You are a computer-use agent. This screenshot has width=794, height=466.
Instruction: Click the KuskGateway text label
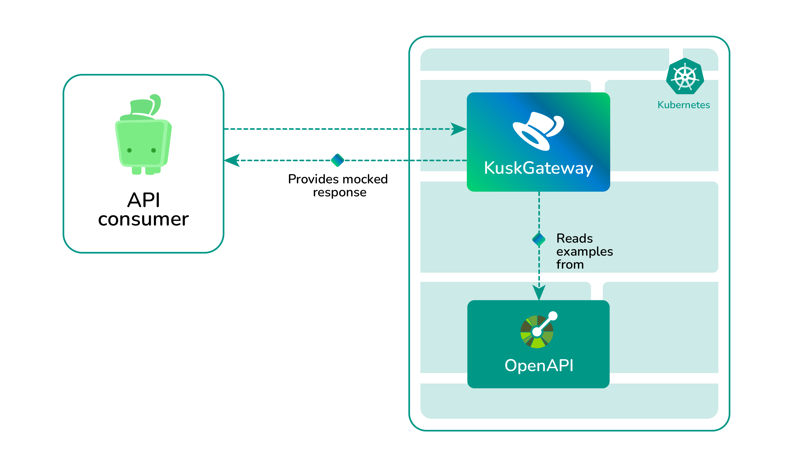pyautogui.click(x=538, y=168)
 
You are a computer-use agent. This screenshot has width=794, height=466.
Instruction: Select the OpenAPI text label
pyautogui.click(x=539, y=365)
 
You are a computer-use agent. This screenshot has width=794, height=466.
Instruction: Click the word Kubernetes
pyautogui.click(x=683, y=105)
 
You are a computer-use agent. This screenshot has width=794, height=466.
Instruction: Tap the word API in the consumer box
pyautogui.click(x=144, y=200)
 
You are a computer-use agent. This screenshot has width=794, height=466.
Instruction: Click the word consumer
pyautogui.click(x=143, y=220)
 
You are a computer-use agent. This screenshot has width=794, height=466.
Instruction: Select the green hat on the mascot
pyautogui.click(x=143, y=107)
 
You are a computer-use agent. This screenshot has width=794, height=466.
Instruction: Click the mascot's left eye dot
pyautogui.click(x=130, y=150)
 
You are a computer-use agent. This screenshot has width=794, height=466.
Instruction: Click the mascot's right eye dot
pyautogui.click(x=153, y=150)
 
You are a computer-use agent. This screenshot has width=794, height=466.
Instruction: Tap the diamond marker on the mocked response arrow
pyautogui.click(x=338, y=160)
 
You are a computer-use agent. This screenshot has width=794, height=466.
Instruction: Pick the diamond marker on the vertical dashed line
pyautogui.click(x=539, y=240)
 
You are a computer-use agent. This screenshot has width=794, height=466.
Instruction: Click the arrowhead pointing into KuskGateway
pyautogui.click(x=459, y=129)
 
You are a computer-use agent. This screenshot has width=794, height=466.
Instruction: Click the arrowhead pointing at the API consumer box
pyautogui.click(x=232, y=160)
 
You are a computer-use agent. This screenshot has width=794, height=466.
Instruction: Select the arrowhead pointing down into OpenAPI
pyautogui.click(x=539, y=292)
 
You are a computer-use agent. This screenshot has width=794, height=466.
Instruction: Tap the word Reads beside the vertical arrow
pyautogui.click(x=574, y=238)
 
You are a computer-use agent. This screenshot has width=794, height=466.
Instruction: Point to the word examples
pyautogui.click(x=584, y=252)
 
